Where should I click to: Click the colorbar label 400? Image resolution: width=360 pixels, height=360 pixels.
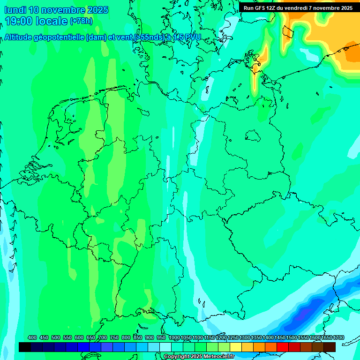(x=32, y=337)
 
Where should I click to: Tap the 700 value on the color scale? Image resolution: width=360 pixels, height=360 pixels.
(x=103, y=337)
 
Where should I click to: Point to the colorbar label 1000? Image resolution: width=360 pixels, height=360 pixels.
(x=174, y=337)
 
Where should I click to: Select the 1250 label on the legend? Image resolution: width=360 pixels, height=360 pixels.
(x=233, y=337)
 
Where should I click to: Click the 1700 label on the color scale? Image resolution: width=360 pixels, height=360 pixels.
(x=338, y=337)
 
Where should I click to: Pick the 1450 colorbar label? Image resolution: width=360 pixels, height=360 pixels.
(x=280, y=337)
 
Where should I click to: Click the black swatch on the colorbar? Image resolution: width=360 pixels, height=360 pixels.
(x=25, y=347)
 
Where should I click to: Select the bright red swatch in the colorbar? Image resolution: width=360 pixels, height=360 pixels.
(x=283, y=347)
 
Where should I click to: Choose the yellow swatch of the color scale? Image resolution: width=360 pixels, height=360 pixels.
(x=236, y=347)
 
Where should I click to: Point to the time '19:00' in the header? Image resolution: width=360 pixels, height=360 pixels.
(x=20, y=21)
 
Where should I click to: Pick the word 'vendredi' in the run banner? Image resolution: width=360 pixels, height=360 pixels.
(x=295, y=7)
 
